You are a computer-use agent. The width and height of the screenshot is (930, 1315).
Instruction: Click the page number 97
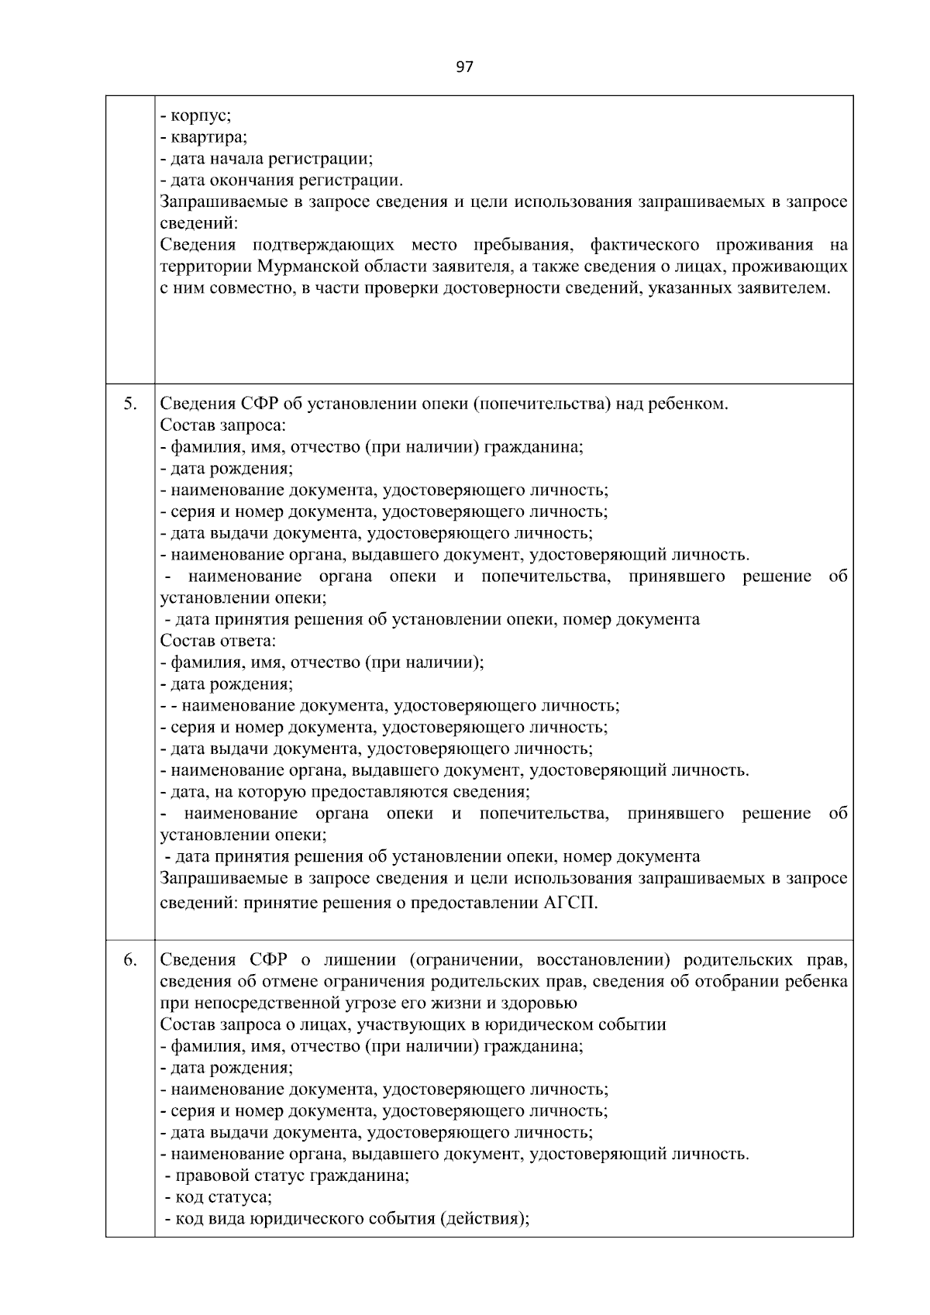coord(464,67)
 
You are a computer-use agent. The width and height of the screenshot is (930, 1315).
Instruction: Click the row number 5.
coord(131,404)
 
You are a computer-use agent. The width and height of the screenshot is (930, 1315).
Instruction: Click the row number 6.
coord(131,959)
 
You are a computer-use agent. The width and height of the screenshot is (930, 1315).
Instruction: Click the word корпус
coord(199,115)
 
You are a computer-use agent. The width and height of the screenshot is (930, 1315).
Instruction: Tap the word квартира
coord(207,137)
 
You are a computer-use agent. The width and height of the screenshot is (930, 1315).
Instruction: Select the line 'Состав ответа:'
coord(218,641)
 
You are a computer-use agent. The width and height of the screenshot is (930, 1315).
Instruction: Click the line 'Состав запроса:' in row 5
coord(222,425)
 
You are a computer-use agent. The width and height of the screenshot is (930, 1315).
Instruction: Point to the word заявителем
coord(786,289)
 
